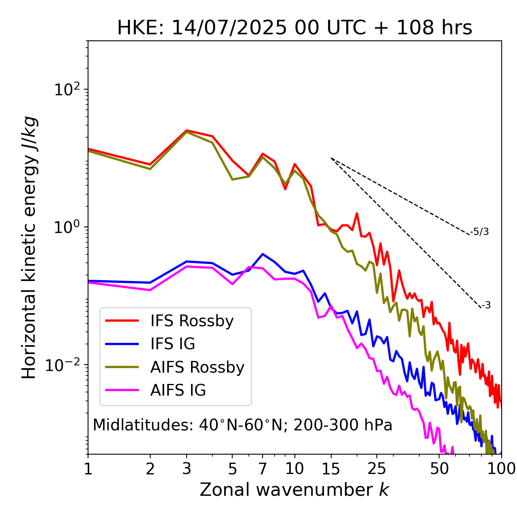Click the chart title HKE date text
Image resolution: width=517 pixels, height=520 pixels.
click(x=294, y=28)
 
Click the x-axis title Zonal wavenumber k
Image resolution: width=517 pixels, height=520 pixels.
click(x=294, y=490)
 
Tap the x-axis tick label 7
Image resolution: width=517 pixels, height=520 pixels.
click(x=263, y=469)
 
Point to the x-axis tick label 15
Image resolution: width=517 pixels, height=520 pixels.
click(x=331, y=469)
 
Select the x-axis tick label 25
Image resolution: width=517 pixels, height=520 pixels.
click(x=377, y=469)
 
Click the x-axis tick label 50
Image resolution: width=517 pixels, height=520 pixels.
click(x=439, y=469)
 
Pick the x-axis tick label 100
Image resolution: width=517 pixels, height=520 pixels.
click(x=501, y=469)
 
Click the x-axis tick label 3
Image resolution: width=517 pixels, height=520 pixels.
click(x=186, y=469)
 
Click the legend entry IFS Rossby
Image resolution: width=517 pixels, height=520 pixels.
click(x=192, y=321)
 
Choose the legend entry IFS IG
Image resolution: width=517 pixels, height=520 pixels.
click(x=173, y=344)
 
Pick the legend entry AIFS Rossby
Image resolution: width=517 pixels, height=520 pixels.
click(x=197, y=367)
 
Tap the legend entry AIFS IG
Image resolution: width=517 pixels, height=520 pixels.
click(x=178, y=390)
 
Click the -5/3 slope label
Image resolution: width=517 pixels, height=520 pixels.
click(x=479, y=232)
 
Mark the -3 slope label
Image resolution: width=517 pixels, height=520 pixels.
click(x=486, y=306)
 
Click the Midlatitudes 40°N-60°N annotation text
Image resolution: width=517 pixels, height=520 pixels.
click(x=242, y=425)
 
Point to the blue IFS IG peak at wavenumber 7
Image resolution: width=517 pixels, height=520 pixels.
click(x=263, y=254)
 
